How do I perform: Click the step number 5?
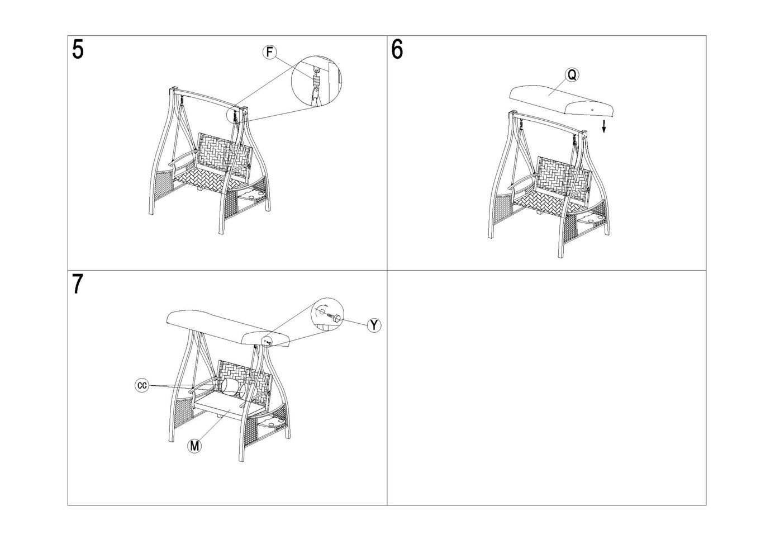pos(78,50)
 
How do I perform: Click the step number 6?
pos(397,50)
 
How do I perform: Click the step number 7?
pos(78,284)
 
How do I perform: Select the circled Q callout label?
pos(572,75)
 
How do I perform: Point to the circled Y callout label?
pos(374,325)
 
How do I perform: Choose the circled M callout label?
pos(194,446)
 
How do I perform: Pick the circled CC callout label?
pos(141,386)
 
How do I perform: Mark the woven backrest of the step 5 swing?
pos(221,153)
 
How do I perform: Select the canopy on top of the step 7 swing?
pos(227,327)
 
